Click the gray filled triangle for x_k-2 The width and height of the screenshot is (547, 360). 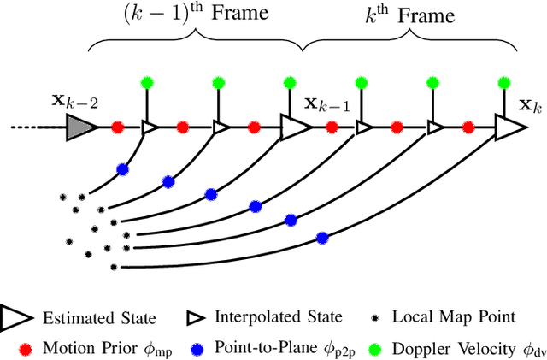click(79, 127)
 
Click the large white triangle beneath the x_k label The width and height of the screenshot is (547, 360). click(509, 127)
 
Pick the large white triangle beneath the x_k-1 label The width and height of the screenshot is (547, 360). click(294, 127)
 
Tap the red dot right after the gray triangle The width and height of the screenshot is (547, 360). click(117, 127)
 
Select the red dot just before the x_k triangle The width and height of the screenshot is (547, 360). click(468, 127)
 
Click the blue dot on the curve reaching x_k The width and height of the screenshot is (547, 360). click(322, 237)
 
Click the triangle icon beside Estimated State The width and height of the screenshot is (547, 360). click(16, 317)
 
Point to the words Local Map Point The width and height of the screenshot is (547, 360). click(453, 317)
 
